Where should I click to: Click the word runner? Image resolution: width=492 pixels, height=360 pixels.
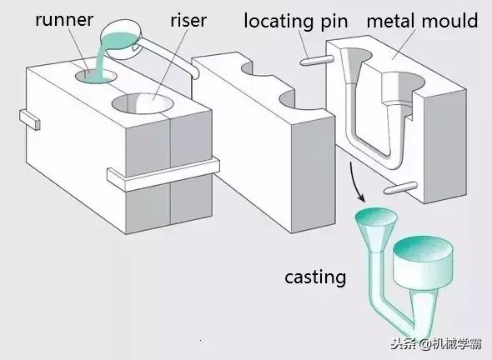point(64,18)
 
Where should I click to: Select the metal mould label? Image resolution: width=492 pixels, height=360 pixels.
point(423,19)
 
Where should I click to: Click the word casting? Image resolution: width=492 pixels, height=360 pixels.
point(314,277)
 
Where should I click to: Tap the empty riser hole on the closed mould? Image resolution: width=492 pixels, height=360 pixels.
point(142,104)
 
